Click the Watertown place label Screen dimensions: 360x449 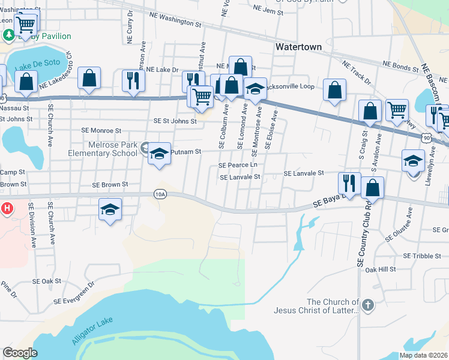(x=298, y=46)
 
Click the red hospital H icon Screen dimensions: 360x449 (x=7, y=209)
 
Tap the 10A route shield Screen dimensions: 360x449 (x=160, y=194)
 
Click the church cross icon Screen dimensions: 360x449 (x=368, y=306)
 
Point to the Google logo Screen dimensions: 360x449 (x=20, y=352)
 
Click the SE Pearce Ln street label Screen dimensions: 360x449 (x=238, y=164)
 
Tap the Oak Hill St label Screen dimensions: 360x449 (x=381, y=269)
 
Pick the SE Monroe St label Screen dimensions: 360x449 (x=101, y=130)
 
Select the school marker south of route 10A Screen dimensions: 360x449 (x=110, y=209)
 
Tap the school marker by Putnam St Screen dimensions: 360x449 (x=159, y=154)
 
